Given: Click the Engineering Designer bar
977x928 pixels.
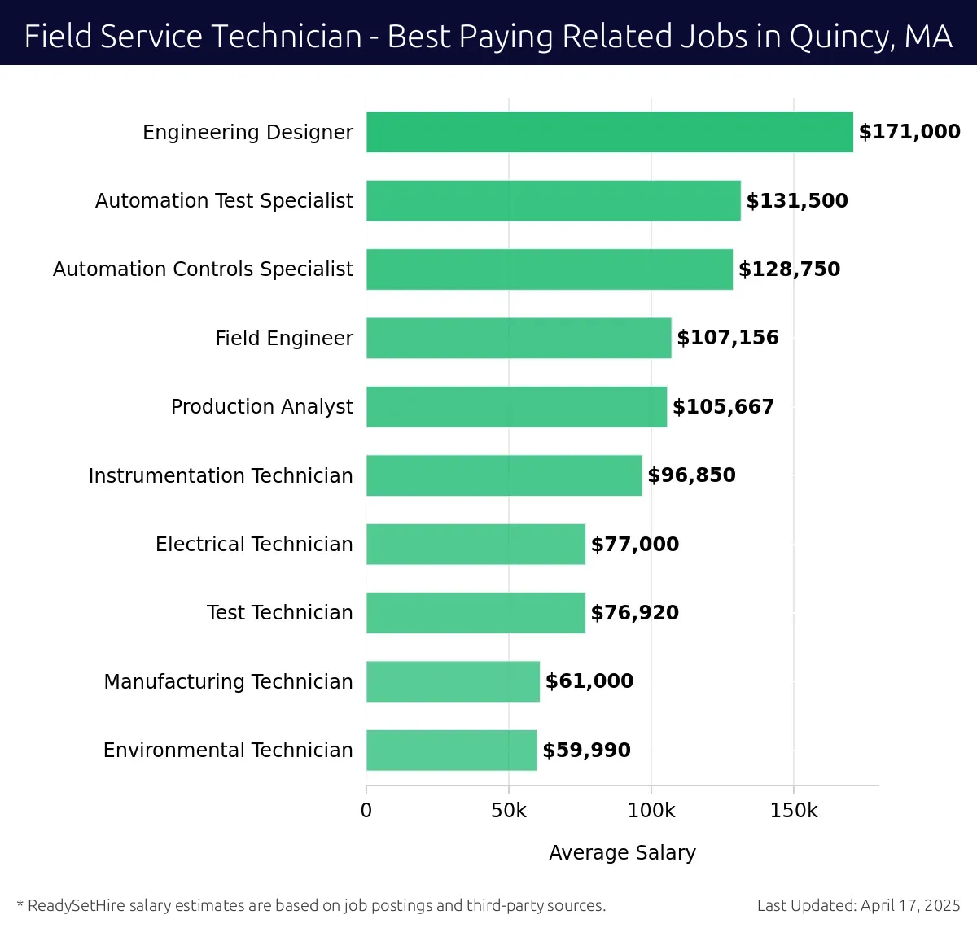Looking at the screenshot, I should tap(609, 132).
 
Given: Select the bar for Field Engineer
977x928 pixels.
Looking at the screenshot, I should tap(519, 338).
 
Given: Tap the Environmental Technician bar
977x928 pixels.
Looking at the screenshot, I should tap(451, 750).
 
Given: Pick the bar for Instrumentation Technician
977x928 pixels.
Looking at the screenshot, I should tap(504, 475).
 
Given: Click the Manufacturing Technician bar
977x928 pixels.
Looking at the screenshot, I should tap(453, 681).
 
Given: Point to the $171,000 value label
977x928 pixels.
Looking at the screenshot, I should tap(909, 132).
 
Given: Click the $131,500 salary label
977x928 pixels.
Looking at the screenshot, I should tap(797, 201).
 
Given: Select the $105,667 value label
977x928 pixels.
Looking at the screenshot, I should tap(723, 407).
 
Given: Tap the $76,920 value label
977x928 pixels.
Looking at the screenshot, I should tap(635, 613).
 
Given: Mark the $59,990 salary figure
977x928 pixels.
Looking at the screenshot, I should tap(586, 751).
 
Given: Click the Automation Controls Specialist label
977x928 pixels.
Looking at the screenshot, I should tap(203, 269).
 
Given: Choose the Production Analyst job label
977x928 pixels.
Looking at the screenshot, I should tap(261, 407).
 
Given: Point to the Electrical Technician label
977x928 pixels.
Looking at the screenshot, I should tap(254, 544).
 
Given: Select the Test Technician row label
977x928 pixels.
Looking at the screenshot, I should tap(279, 613).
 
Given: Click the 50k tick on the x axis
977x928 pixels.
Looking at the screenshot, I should tap(509, 811).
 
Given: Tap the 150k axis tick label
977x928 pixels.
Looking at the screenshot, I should tap(794, 811).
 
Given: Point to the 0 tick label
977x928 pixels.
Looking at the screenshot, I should tap(366, 811).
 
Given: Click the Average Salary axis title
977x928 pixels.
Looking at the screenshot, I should tap(622, 852).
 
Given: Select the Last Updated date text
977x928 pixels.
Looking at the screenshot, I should tap(858, 905).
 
